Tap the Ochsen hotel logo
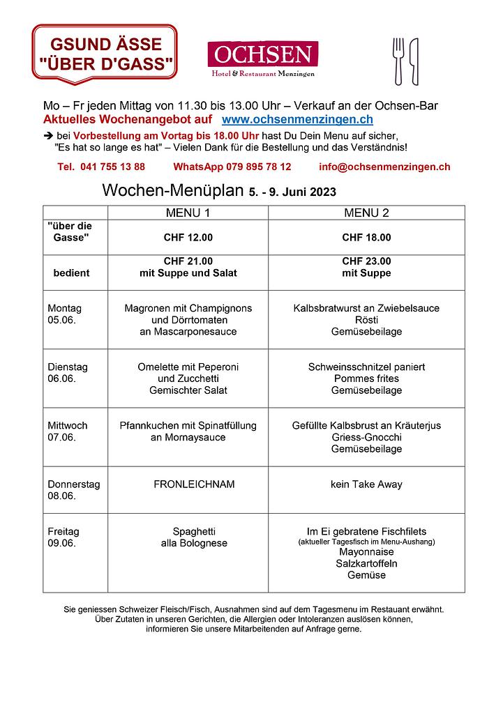(x=262, y=59)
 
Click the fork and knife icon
(x=405, y=61)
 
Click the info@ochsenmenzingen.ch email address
(x=384, y=167)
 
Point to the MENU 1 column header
(x=188, y=213)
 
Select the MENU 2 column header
(x=366, y=213)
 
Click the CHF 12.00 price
(x=188, y=238)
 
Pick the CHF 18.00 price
(x=366, y=238)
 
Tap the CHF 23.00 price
(x=366, y=261)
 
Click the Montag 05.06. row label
(x=65, y=314)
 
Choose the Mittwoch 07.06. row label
(x=68, y=431)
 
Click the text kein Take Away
(x=366, y=484)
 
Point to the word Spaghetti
(x=188, y=531)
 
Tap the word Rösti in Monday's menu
(x=366, y=320)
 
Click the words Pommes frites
(x=366, y=379)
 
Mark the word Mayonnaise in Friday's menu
(x=366, y=551)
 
